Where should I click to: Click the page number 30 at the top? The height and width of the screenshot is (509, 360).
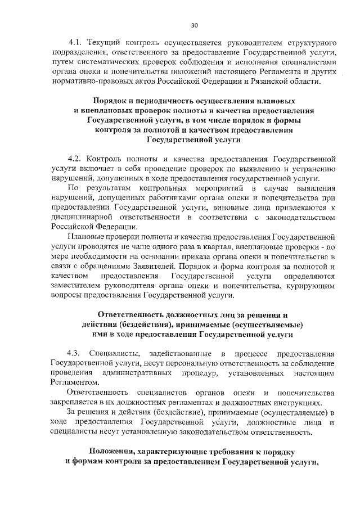point(194,25)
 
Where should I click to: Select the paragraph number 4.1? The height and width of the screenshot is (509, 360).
point(75,43)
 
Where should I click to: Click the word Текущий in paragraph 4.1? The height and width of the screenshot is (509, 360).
point(107,43)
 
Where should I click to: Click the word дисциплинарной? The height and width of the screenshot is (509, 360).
point(83,217)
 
